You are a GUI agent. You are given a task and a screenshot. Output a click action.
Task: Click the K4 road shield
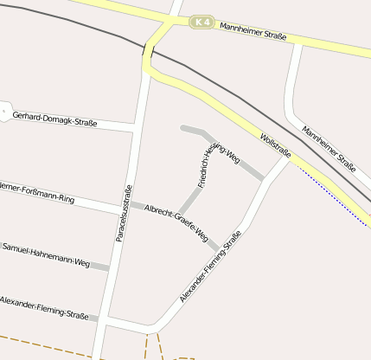coord(201,22)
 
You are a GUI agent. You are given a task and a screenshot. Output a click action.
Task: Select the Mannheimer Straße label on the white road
coord(329,148)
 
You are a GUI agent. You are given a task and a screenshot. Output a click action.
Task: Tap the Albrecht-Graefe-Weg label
coord(176,222)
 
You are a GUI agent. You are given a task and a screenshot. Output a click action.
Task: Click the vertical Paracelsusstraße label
coord(123,213)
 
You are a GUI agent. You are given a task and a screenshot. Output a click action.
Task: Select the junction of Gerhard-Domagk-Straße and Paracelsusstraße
coord(137,127)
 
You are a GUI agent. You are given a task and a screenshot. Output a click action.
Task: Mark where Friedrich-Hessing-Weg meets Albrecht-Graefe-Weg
coord(181,214)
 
